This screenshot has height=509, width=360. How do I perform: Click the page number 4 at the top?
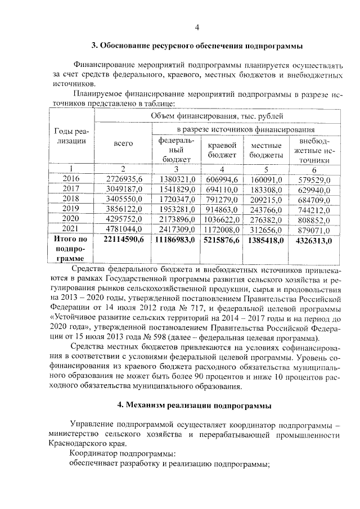pyautogui.click(x=197, y=28)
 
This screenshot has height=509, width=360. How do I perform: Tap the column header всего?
pyautogui.click(x=123, y=143)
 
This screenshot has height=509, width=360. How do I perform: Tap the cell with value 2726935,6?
pyautogui.click(x=124, y=178)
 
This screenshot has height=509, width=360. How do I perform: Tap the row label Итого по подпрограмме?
pyautogui.click(x=70, y=249)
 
